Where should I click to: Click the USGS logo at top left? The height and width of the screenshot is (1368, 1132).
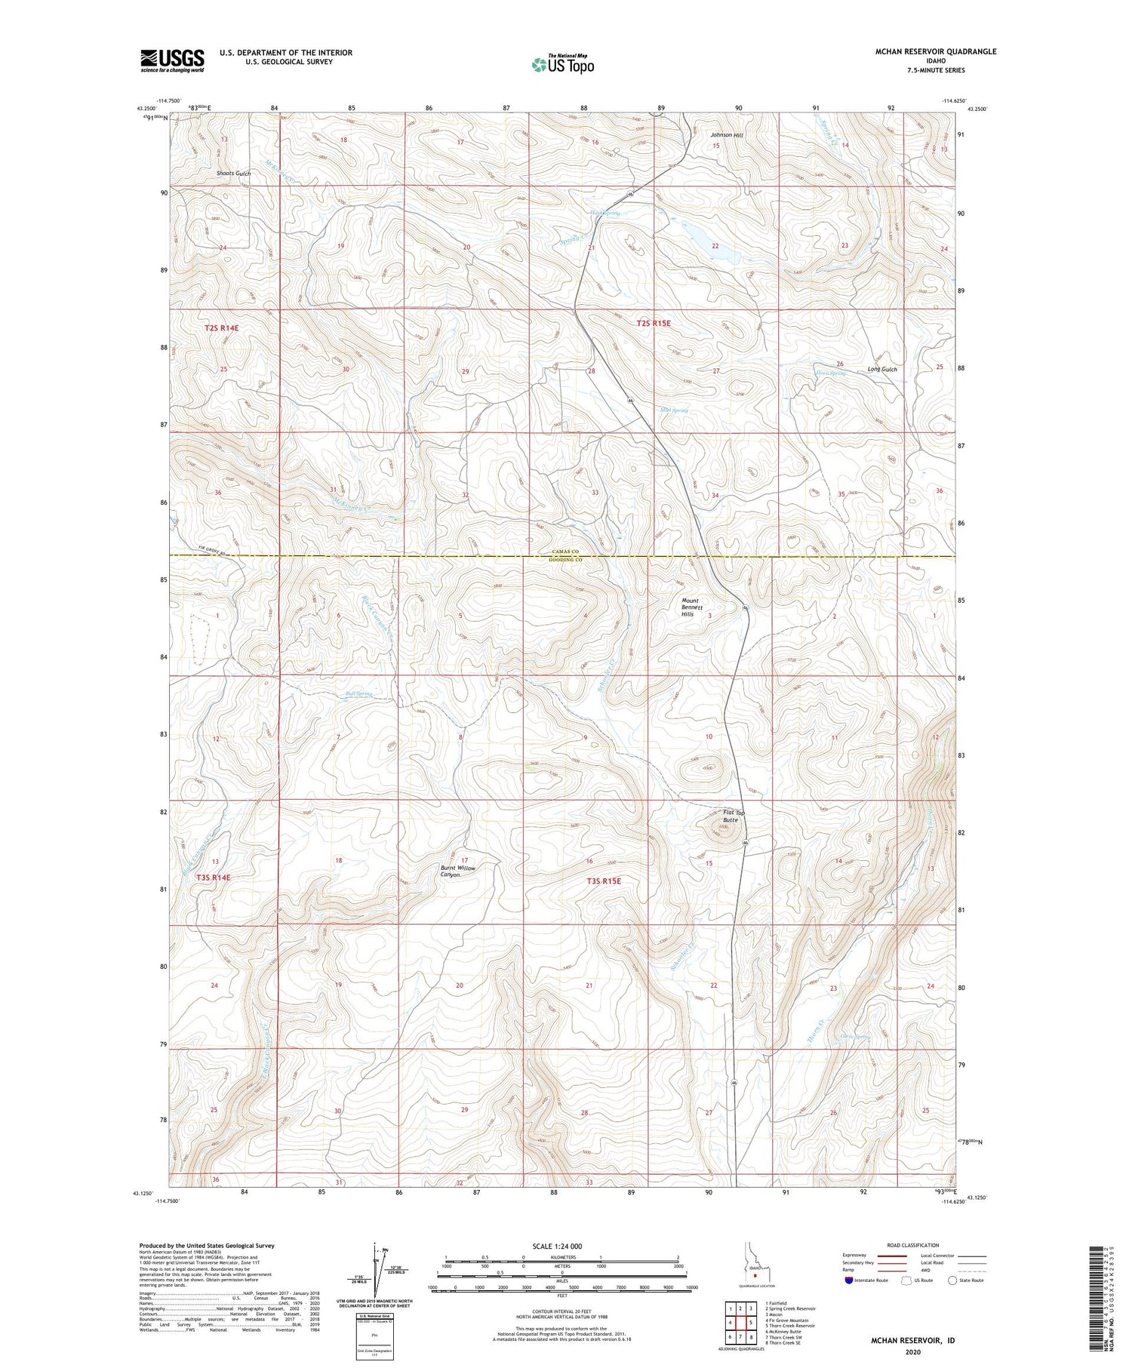172,60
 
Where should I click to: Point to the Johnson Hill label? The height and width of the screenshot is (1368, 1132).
727,135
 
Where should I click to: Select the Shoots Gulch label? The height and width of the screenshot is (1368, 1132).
233,174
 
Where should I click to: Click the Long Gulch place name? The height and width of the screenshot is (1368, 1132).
882,369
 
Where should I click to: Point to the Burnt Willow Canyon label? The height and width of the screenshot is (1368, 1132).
458,871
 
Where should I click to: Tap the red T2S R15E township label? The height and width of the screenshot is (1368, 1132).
654,323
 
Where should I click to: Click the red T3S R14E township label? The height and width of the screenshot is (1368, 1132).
214,878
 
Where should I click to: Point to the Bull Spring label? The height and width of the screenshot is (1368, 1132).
358,693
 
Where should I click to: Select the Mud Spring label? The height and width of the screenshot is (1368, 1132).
674,410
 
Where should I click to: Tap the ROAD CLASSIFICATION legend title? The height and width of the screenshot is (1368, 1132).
913,1245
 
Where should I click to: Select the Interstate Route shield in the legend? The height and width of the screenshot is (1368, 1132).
849,1280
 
